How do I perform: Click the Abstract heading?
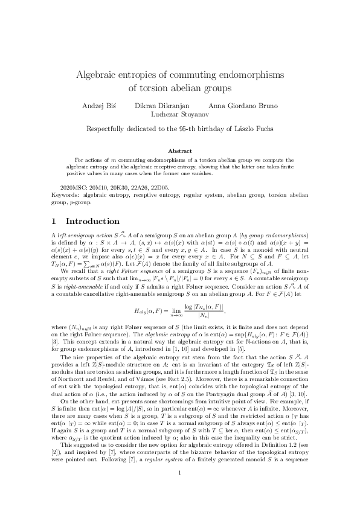(x=179, y=151)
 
